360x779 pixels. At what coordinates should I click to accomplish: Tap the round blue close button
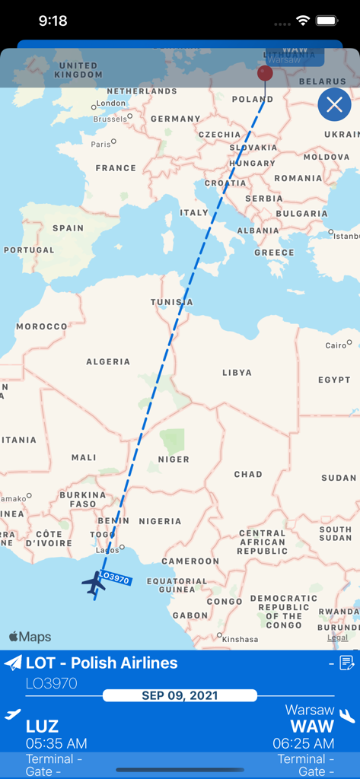[x=334, y=105]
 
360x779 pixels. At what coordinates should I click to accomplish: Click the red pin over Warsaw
[x=265, y=74]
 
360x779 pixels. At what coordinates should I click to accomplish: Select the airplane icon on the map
[x=94, y=583]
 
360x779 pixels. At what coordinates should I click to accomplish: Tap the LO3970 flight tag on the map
[x=115, y=578]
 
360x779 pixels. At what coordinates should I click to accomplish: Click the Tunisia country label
[x=172, y=302]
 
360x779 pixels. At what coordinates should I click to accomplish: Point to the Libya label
[x=237, y=373]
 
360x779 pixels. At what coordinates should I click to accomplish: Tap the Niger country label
[x=173, y=459]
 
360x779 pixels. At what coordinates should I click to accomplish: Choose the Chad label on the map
[x=248, y=474]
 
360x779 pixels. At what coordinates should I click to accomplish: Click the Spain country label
[x=68, y=228]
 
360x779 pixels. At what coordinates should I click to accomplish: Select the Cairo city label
[x=336, y=345]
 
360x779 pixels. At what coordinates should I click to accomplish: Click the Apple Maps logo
[x=30, y=637]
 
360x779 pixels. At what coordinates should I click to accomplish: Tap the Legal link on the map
[x=337, y=638]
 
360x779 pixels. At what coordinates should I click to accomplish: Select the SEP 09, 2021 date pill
[x=180, y=695]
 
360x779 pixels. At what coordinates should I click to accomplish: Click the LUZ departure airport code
[x=43, y=726]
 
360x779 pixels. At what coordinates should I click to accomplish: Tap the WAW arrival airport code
[x=312, y=726]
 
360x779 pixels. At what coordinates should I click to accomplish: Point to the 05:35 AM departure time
[x=56, y=743]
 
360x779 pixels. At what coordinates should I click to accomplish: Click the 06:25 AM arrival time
[x=303, y=743]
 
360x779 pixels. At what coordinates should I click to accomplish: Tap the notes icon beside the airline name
[x=347, y=663]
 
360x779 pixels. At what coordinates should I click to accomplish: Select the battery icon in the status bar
[x=327, y=21]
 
